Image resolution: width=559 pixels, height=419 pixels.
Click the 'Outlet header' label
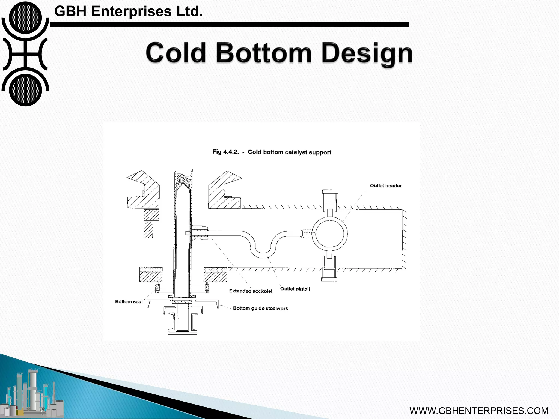(386, 186)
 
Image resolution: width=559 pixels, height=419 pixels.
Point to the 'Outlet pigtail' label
(295, 289)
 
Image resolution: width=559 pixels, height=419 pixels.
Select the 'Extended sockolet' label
(251, 291)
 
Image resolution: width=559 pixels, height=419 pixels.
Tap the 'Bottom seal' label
(129, 302)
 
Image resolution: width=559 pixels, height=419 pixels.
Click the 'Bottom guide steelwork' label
(260, 308)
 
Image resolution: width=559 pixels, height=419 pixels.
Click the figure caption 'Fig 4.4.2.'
(225, 152)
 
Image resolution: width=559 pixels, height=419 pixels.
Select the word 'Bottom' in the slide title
(264, 53)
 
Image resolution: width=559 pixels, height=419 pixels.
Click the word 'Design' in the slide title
(367, 53)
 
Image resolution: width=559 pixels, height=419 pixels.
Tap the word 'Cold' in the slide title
(176, 53)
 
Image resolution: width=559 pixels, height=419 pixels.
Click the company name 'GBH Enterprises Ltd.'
(129, 11)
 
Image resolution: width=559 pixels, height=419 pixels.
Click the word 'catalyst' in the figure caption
(296, 152)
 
